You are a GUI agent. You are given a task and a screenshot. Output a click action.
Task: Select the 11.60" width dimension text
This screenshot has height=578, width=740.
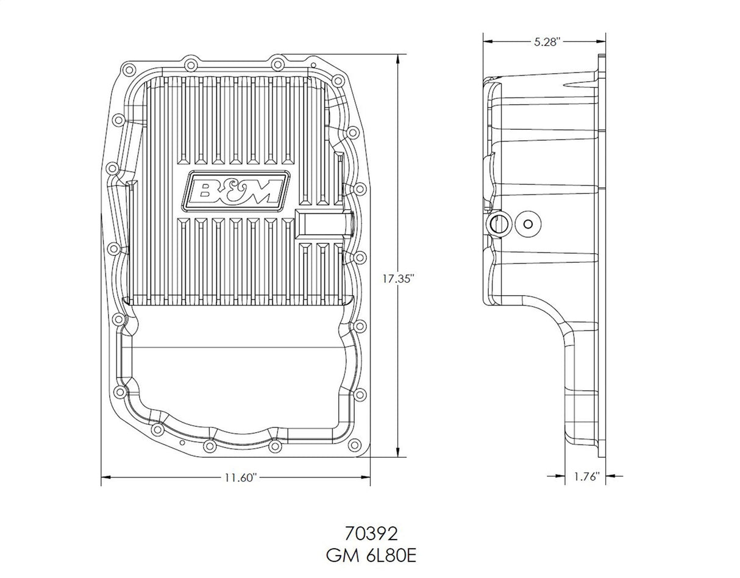click(236, 478)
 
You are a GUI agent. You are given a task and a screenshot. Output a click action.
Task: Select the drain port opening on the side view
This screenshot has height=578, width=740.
click(497, 224)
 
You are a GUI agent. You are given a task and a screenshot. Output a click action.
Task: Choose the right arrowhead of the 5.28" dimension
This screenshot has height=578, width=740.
click(601, 41)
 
